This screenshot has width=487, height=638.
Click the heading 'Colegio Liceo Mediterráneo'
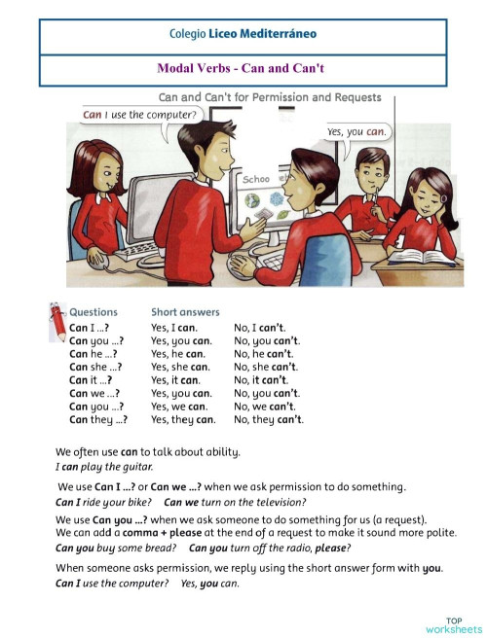[x=243, y=34]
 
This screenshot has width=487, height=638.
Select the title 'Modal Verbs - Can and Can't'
[x=243, y=69]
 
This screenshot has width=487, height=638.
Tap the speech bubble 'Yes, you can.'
[x=356, y=131]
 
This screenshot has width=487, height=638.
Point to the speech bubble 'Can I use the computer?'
[x=139, y=115]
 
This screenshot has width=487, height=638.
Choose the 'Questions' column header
[x=94, y=312]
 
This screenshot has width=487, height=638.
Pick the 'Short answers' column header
[x=185, y=312]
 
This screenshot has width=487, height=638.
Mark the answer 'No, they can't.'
[x=269, y=420]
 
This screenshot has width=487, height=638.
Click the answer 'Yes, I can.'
[x=174, y=328]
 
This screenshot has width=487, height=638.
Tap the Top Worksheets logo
[x=454, y=624]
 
